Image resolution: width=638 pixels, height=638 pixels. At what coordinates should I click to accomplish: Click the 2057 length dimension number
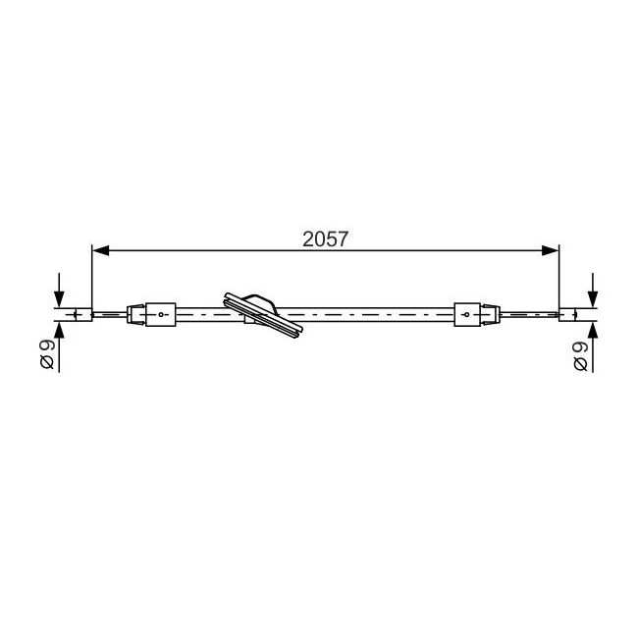[x=325, y=239]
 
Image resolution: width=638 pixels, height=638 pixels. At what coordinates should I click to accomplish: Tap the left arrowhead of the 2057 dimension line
[x=101, y=250]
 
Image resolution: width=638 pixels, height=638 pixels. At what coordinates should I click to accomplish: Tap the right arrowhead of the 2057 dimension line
[x=550, y=250]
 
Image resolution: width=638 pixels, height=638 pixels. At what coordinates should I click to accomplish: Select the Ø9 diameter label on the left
[x=47, y=354]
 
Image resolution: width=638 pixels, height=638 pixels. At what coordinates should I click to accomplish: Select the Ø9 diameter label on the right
[x=581, y=356]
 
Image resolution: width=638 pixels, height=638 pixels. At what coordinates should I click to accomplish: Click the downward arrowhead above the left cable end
[x=60, y=299]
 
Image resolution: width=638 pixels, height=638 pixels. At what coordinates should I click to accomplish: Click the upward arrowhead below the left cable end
[x=60, y=330]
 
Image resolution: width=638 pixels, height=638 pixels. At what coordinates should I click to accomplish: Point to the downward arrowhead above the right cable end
[x=593, y=299]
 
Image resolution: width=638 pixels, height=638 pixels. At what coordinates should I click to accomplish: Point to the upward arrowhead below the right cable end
[x=593, y=330]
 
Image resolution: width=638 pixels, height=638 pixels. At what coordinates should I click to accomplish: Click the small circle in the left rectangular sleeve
[x=161, y=314]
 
